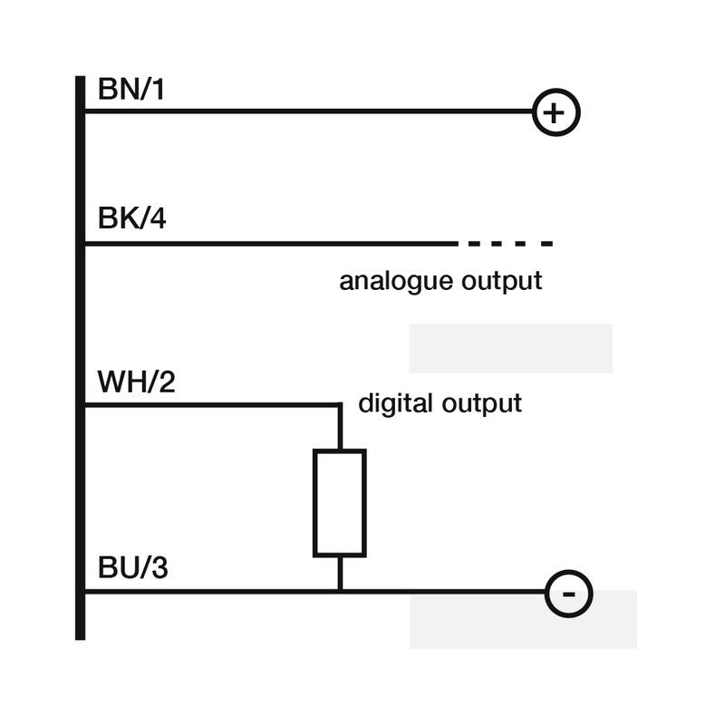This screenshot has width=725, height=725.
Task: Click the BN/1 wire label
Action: pos(131,89)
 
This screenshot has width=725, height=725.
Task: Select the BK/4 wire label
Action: pos(131,218)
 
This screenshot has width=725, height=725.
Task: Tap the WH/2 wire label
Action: pos(137,382)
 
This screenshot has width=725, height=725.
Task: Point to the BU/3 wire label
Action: pos(132,567)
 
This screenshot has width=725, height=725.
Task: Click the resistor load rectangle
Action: pos(314,503)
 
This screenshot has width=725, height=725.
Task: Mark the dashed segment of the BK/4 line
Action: pos(510,244)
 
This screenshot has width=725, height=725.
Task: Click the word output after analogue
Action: pos(502,282)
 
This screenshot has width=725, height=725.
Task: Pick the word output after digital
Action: pos(482,403)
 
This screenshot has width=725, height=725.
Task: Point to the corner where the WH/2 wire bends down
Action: pos(340,405)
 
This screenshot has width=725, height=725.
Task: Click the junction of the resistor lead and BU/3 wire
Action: pos(340,592)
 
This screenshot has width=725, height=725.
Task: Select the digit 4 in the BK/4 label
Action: pos(158,218)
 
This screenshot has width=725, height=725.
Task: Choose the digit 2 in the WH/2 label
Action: pos(167,382)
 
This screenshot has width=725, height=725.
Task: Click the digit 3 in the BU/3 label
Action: pos(159,567)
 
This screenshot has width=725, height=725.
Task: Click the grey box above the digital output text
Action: pos(511,349)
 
